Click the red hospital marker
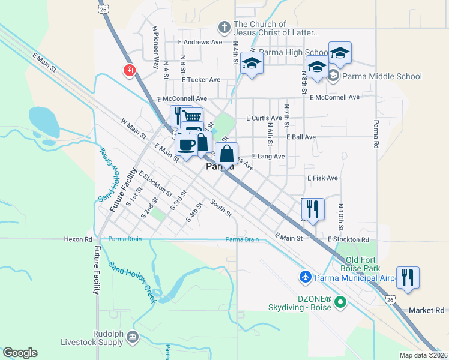(x=129, y=71)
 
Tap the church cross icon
(x=224, y=28)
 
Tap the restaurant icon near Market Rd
(x=408, y=277)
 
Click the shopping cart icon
(x=192, y=116)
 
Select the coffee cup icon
(x=186, y=144)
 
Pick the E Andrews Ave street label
(x=200, y=42)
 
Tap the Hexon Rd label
(x=78, y=239)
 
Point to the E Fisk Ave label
(x=322, y=178)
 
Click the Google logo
(x=20, y=353)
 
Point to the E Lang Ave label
(x=268, y=156)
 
